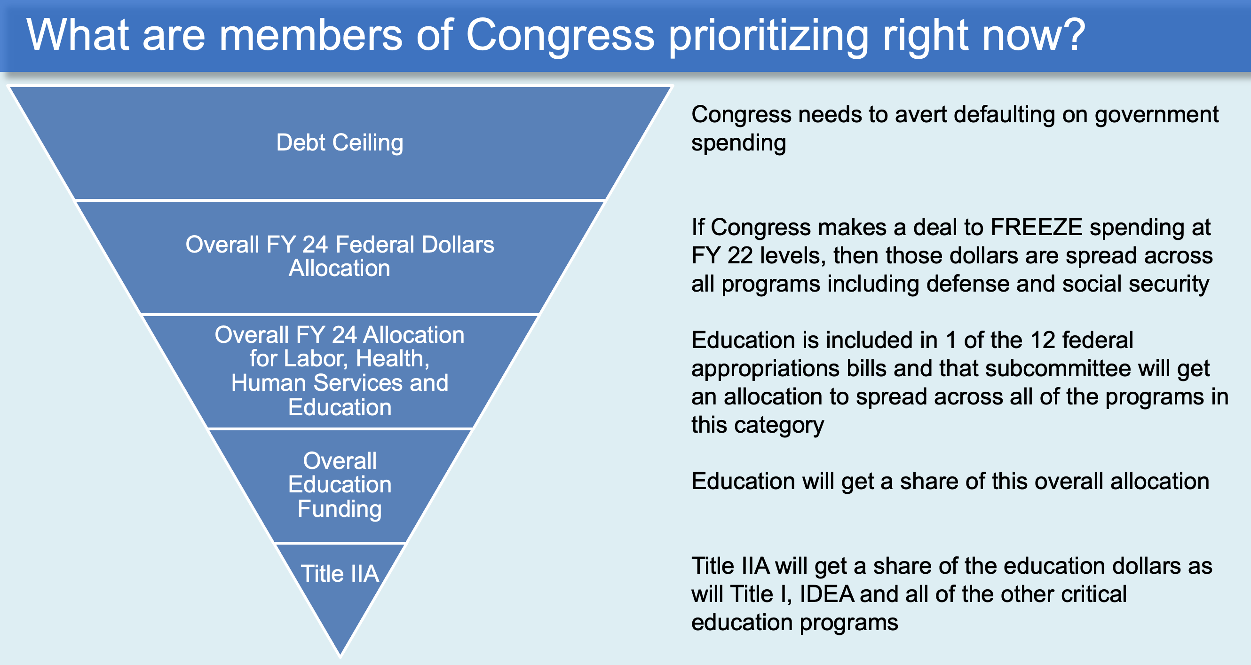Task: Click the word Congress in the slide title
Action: pos(561,35)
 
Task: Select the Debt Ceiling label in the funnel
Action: pos(340,143)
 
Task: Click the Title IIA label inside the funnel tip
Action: pos(340,573)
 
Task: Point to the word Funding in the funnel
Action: pos(340,509)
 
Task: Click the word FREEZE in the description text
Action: pos(1037,227)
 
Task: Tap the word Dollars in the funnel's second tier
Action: pos(458,245)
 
